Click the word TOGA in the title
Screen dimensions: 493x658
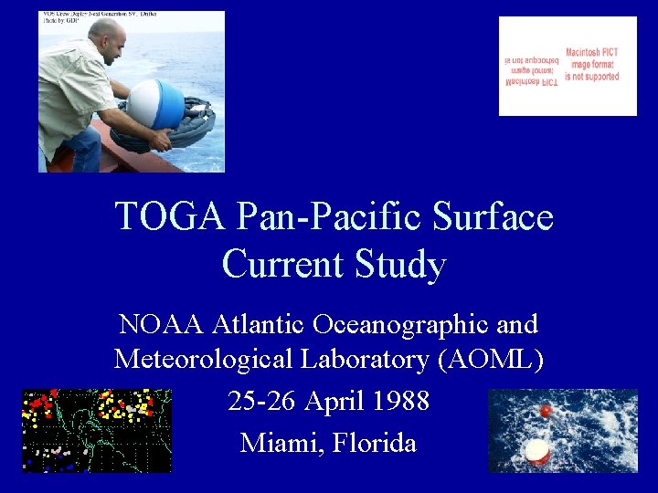(x=170, y=217)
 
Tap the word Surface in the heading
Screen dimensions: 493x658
(x=493, y=217)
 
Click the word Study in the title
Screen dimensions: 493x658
(x=401, y=265)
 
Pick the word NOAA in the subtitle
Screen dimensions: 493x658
(x=163, y=324)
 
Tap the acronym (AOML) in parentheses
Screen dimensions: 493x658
(x=491, y=359)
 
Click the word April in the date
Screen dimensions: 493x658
(x=333, y=401)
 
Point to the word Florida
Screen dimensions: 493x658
(x=375, y=443)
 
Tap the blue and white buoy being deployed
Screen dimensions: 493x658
(x=156, y=102)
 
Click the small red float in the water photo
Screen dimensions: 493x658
(x=546, y=411)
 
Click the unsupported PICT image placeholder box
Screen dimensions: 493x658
(x=568, y=66)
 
